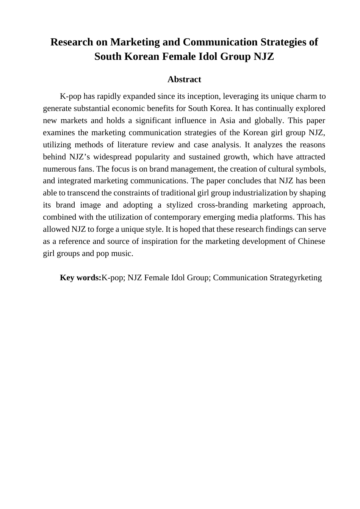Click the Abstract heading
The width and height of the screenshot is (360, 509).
click(184, 80)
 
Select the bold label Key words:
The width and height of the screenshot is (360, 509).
click(80, 278)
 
